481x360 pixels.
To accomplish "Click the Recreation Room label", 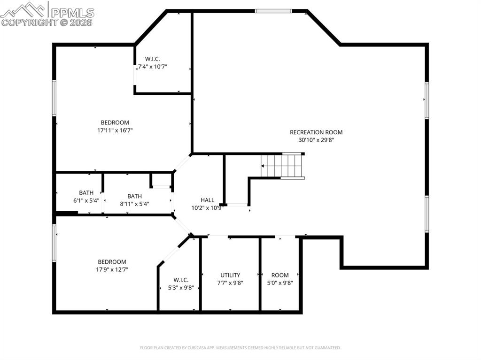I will pyautogui.click(x=316, y=132).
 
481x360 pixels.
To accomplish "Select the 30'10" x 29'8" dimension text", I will pyautogui.click(x=316, y=140).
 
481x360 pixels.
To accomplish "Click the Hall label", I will pyautogui.click(x=207, y=200).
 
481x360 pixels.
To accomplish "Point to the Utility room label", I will pyautogui.click(x=230, y=275).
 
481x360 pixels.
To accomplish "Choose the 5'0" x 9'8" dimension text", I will pyautogui.click(x=280, y=283).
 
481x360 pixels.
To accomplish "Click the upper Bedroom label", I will pyautogui.click(x=115, y=123).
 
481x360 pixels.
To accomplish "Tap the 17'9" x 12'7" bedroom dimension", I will pyautogui.click(x=112, y=269).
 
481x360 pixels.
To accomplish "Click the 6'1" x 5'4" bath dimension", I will pyautogui.click(x=86, y=200).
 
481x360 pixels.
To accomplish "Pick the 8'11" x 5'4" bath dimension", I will pyautogui.click(x=134, y=204).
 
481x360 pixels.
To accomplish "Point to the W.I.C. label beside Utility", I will pyautogui.click(x=181, y=280).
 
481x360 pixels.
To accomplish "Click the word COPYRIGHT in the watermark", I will pyautogui.click(x=28, y=22).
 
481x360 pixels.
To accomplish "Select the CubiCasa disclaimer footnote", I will pyautogui.click(x=240, y=348).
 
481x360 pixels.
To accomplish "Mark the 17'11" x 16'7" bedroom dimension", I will pyautogui.click(x=115, y=130).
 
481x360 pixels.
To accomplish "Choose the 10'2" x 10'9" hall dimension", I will pyautogui.click(x=207, y=208).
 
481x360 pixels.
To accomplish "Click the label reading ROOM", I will pyautogui.click(x=280, y=275).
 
